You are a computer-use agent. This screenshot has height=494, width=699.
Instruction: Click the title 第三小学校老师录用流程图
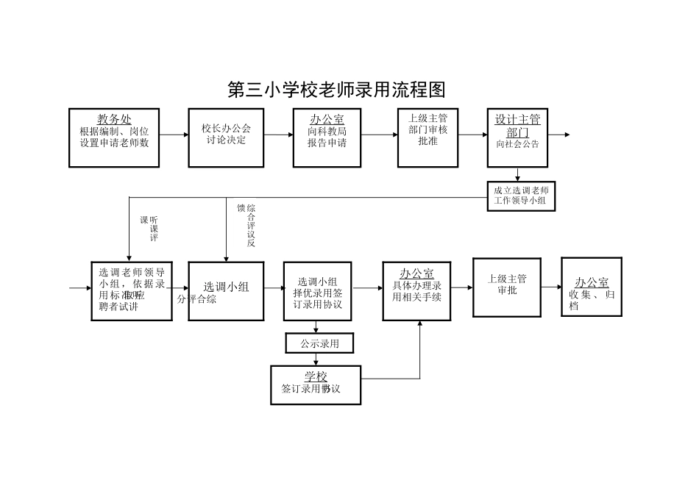click(337, 90)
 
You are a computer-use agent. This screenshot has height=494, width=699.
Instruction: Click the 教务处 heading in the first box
click(114, 120)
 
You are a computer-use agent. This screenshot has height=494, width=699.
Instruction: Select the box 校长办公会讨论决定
click(226, 137)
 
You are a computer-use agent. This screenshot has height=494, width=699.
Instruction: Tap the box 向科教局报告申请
click(327, 137)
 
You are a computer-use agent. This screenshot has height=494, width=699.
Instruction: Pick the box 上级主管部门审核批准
click(427, 137)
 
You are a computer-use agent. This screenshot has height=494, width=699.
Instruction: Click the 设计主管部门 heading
click(517, 126)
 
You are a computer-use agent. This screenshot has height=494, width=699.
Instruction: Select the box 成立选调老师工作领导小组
click(521, 196)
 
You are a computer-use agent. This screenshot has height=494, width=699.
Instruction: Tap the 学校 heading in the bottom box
click(316, 376)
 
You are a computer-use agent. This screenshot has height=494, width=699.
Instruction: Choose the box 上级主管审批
click(506, 287)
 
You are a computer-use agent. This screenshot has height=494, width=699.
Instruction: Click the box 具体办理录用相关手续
click(416, 290)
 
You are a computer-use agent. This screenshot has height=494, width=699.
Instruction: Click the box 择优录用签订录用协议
click(318, 292)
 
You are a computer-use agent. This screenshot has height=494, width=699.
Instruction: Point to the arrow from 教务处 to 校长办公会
click(174, 135)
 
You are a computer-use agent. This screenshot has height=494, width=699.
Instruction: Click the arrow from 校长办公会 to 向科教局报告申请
click(278, 135)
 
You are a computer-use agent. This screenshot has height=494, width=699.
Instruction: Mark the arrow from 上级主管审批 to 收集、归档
click(551, 287)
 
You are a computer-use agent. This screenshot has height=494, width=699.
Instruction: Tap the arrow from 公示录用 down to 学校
click(316, 359)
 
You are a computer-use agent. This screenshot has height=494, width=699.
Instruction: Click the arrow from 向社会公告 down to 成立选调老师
click(517, 173)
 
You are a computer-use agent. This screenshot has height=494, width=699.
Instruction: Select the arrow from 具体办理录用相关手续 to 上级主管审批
click(461, 287)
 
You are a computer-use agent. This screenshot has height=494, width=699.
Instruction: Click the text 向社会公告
click(517, 145)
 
